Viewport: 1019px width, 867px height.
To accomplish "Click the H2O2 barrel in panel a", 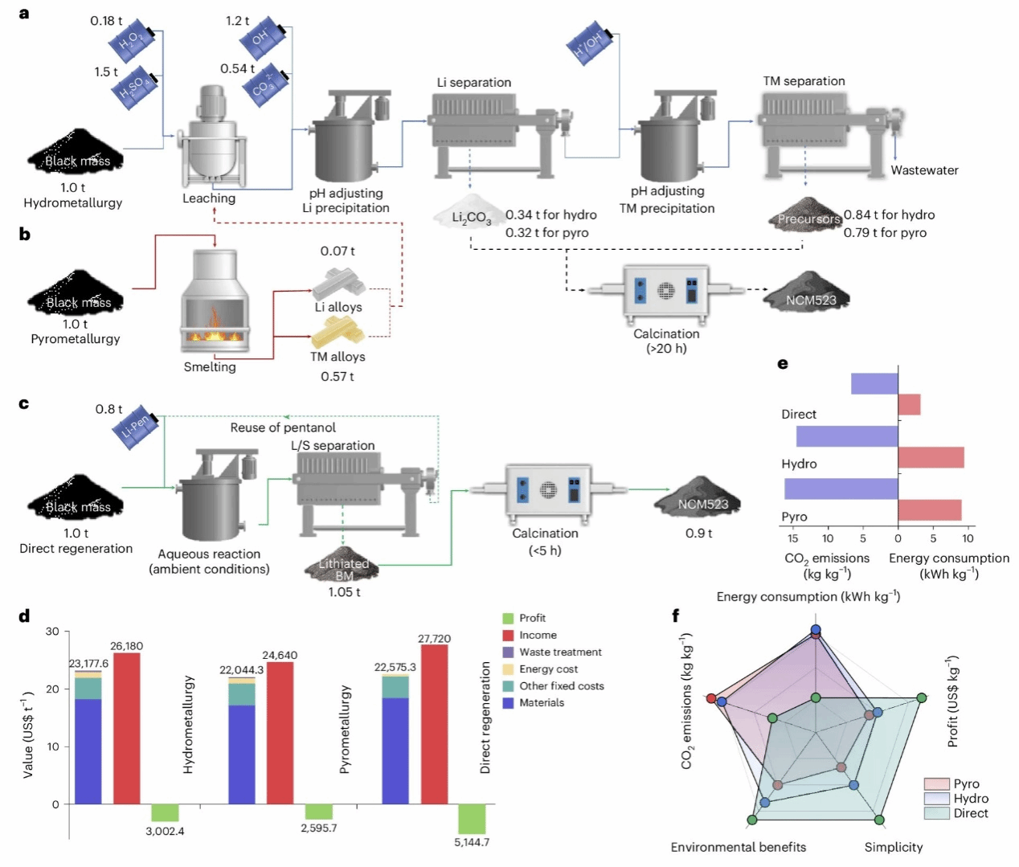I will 132,41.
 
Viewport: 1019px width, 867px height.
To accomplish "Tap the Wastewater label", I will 924,170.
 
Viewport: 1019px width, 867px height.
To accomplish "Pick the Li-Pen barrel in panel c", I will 136,426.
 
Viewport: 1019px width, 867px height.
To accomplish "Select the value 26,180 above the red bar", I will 127,646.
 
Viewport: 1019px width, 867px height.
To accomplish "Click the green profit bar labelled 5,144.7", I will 472,819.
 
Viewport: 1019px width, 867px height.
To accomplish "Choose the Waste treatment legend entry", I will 560,652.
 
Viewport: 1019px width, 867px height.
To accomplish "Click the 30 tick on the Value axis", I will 52,632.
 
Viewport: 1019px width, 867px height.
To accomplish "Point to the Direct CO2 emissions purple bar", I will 874,384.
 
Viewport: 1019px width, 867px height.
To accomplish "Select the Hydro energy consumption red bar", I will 931,457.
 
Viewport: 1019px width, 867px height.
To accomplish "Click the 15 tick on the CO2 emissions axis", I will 792,538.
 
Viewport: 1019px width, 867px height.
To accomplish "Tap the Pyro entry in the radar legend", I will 965,783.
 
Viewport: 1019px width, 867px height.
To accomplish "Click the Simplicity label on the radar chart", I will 893,847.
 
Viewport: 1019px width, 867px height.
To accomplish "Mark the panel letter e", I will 783,364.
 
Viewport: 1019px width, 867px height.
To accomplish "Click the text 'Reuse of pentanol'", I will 283,427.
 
